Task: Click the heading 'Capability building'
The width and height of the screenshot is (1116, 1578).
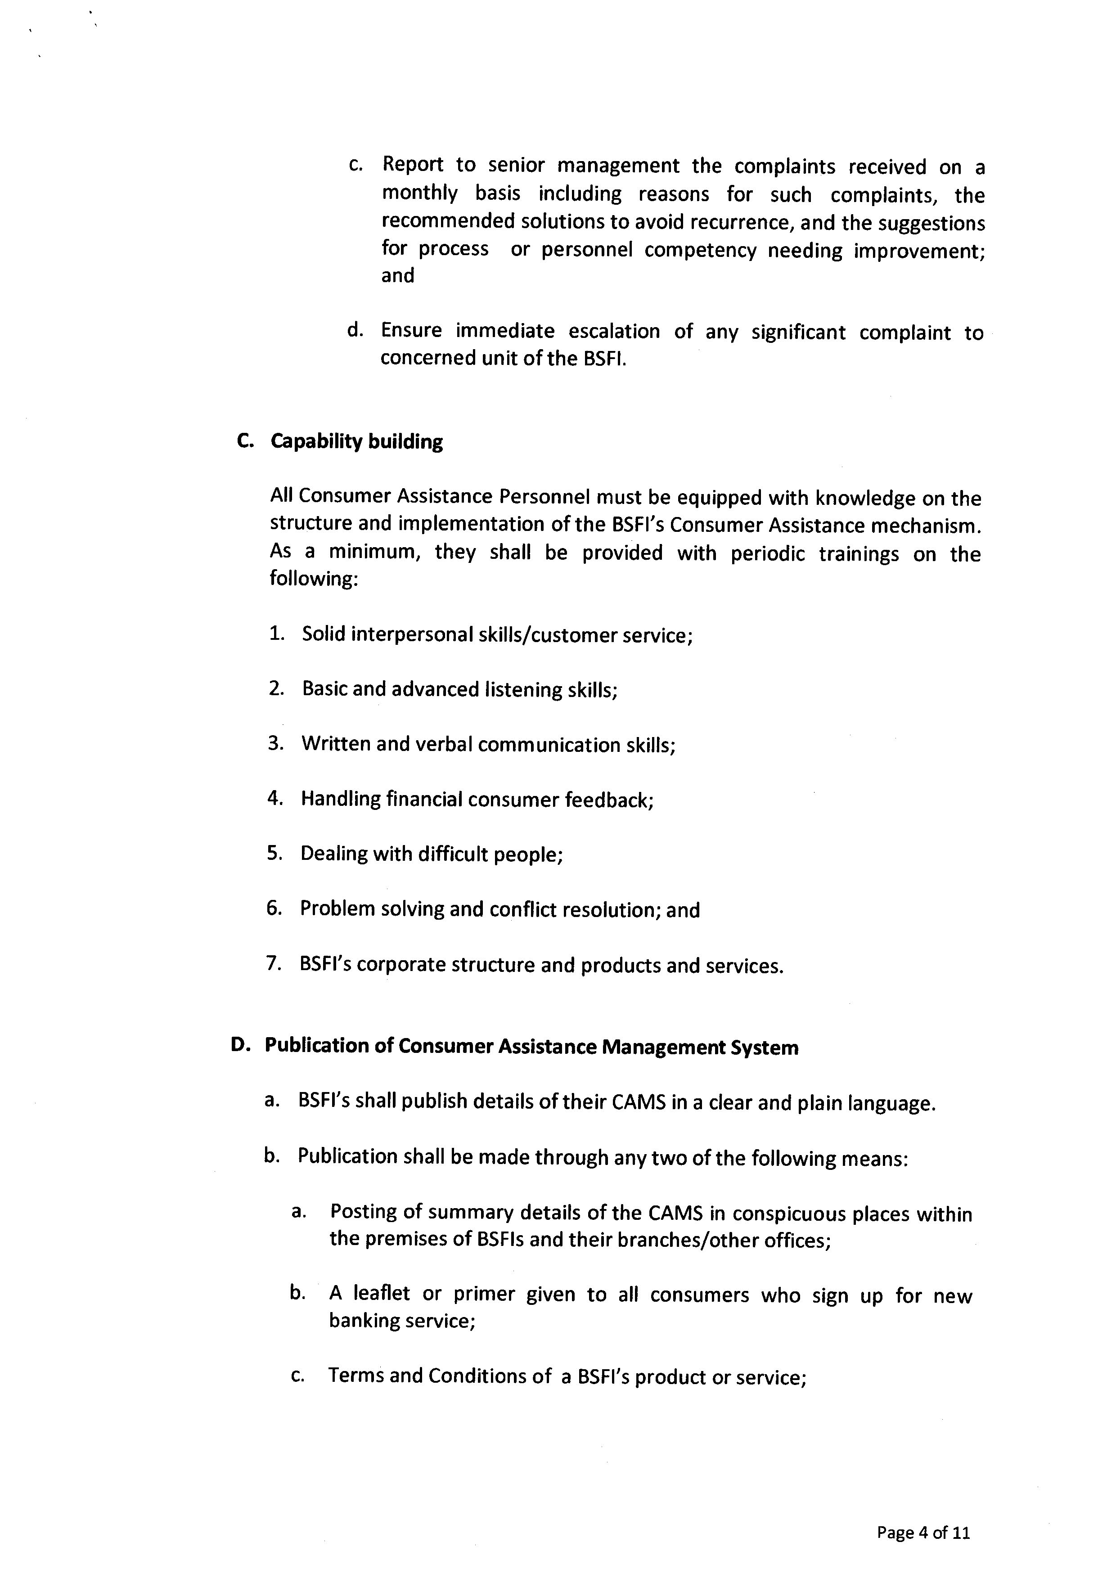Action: tap(357, 441)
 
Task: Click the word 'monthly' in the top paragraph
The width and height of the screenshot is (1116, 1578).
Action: tap(419, 194)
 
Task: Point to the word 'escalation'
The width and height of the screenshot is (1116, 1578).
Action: tap(614, 331)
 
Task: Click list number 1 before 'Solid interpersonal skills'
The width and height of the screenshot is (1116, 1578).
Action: tap(277, 633)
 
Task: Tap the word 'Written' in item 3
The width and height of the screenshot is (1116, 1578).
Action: tap(335, 744)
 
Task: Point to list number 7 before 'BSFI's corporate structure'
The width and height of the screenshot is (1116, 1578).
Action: tap(274, 963)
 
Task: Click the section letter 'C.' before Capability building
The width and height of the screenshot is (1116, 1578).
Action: tap(245, 441)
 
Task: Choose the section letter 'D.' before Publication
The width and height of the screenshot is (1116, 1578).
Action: tap(240, 1045)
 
